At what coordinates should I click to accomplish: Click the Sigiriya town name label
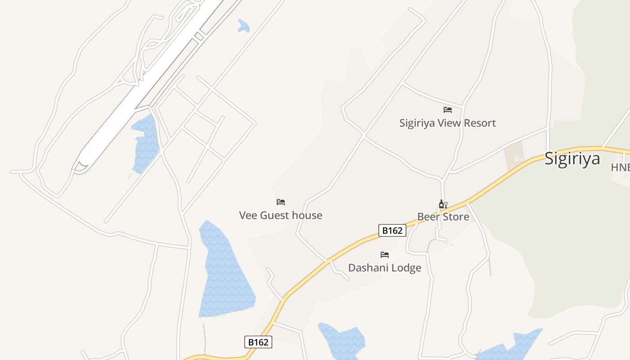[572, 159]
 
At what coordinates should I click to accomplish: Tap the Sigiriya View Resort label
[447, 123]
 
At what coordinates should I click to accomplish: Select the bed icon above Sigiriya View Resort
[447, 109]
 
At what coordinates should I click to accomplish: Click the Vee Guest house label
[280, 215]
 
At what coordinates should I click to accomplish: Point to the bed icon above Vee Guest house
[281, 202]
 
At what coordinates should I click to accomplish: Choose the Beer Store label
[443, 217]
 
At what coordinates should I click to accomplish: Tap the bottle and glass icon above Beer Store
[443, 204]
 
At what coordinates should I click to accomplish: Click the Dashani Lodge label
[385, 268]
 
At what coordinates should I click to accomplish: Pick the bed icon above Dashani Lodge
[384, 255]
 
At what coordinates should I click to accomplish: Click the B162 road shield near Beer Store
[392, 230]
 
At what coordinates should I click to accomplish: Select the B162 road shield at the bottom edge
[258, 342]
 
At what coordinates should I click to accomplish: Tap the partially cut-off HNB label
[620, 167]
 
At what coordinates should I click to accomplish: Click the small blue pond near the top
[243, 27]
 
